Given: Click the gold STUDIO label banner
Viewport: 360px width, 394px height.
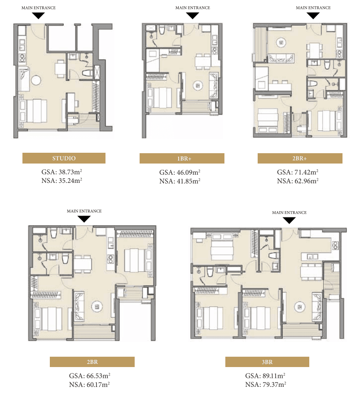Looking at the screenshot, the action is pos(64,158).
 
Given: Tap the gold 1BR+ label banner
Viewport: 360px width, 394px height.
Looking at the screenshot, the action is pos(182,159).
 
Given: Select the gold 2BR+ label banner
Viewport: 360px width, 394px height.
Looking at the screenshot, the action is pos(300,159).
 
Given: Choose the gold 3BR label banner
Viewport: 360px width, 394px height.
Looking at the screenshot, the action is pos(267,362).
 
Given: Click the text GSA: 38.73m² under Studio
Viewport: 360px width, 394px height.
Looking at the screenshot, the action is pos(62,172).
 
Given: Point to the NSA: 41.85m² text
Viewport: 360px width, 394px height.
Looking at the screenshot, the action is pos(180,181).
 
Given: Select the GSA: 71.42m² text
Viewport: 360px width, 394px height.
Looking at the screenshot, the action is pos(298,172).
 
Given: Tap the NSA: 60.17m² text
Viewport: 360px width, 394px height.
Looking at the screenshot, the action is pos(90,385).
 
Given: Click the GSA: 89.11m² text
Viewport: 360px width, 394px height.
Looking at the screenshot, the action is pos(265,376).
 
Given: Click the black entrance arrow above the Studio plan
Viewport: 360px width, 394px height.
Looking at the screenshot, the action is pos(39,16).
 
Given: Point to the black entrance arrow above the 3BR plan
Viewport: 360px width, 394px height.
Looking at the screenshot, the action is pos(289,221).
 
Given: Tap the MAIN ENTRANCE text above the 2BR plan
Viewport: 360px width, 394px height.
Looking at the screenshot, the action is pos(84,211).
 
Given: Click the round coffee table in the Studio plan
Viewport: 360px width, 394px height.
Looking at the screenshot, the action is pos(36,80).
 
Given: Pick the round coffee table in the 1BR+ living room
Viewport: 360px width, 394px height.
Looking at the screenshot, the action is pos(198,86).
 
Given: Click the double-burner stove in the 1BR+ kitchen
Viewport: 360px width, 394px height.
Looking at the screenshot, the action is pos(215,50).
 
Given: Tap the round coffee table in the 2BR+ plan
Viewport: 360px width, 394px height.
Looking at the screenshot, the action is pos(281,43).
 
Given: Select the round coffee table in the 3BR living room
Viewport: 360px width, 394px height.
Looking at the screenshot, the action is pos(299,307).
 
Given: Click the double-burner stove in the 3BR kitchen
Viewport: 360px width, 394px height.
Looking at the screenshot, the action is pos(335,245).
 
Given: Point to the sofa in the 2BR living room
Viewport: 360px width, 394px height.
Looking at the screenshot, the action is pos(79,306).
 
